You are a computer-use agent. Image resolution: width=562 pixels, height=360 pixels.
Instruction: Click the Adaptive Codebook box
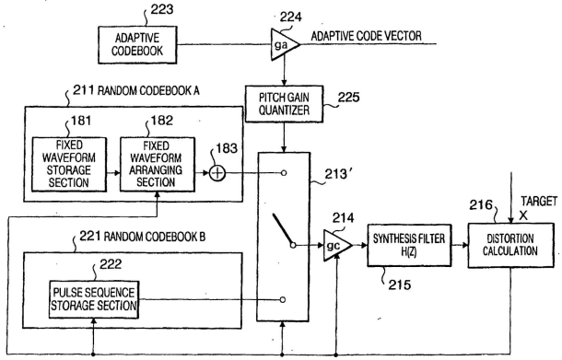pos(137,45)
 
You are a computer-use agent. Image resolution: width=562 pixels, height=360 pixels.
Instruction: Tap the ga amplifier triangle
pos(285,44)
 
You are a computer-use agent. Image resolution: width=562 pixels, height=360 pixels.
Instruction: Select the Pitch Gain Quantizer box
pos(285,104)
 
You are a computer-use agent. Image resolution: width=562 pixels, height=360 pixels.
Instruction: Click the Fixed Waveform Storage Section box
pos(69,165)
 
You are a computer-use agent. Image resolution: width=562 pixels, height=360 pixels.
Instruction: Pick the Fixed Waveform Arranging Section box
pos(158,165)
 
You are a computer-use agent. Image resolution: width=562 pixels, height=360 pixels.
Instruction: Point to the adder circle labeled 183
pos(217,173)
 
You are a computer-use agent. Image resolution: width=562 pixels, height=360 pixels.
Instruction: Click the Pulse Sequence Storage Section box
pos(94,299)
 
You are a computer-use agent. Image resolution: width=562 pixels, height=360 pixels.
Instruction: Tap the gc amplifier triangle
pos(337,246)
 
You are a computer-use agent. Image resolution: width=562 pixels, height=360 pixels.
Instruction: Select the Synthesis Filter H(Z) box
pos(409,246)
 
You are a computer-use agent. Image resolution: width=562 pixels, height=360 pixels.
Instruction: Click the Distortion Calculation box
pos(510,246)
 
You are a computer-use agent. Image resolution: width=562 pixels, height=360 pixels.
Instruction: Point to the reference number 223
pos(161,9)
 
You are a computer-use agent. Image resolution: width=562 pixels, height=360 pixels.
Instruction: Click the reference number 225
pos(348,97)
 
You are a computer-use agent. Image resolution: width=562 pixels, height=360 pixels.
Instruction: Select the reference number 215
pos(400,285)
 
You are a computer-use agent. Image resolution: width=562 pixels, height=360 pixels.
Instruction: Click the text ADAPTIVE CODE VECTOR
pos(366,36)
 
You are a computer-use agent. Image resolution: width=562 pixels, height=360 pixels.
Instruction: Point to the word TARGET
pos(539,202)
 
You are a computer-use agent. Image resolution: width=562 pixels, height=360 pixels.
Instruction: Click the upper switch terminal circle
pos(284,173)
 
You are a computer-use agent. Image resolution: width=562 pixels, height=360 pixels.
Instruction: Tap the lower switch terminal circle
pos(283,299)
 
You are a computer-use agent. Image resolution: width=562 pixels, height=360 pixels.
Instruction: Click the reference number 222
pos(111,264)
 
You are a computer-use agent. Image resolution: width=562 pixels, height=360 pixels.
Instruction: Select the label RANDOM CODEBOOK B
pos(155,237)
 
